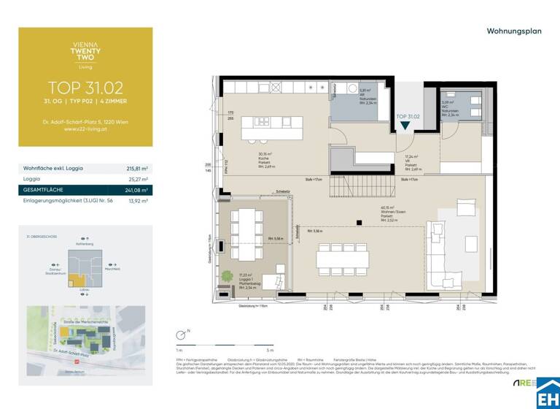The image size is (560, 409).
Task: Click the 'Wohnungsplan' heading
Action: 513,31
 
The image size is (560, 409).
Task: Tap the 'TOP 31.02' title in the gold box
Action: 85,86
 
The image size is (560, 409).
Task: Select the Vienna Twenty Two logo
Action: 85,52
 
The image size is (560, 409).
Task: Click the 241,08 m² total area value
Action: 137,189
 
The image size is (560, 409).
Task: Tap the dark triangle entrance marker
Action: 405,126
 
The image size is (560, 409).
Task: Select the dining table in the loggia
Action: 245,233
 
